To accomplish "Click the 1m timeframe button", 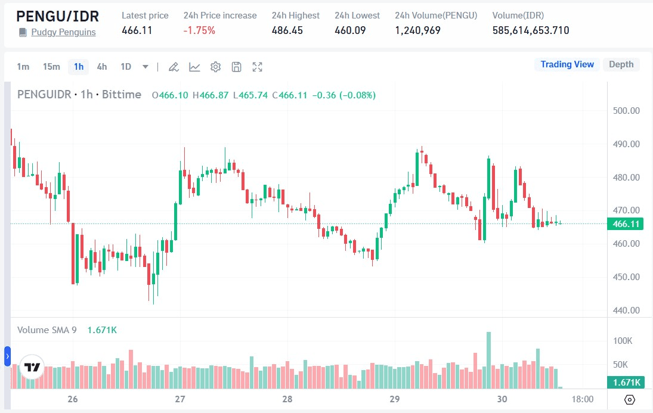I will point(23,67).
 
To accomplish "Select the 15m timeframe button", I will point(51,67).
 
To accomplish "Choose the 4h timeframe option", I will point(102,67).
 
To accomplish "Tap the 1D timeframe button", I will point(126,67).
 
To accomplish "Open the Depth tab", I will point(621,64).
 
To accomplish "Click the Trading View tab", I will point(567,64).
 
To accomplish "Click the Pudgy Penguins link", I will point(63,32).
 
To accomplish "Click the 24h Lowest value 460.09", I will point(349,30).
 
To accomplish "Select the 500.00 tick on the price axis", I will point(626,111).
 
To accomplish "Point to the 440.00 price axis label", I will point(626,310).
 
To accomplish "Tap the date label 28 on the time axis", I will point(287,399).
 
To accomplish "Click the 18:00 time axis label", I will point(583,399).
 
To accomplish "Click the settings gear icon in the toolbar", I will point(216,67).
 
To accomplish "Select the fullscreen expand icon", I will point(258,67).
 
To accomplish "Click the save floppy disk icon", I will point(237,67).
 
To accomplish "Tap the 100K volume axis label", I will point(623,341).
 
